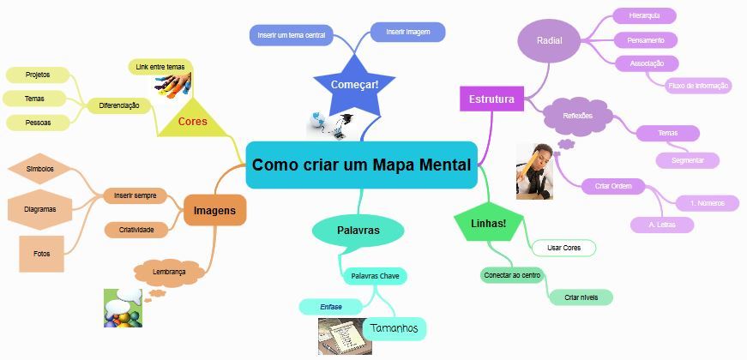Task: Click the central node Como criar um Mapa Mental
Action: click(361, 165)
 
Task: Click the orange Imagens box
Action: click(214, 210)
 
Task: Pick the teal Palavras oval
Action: click(358, 231)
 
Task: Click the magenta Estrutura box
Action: click(491, 99)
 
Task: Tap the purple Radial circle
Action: click(549, 41)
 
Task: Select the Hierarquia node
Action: click(644, 15)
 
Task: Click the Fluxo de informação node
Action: click(698, 85)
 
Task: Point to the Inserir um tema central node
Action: click(292, 35)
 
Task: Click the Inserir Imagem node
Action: click(407, 32)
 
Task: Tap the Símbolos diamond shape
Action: click(40, 169)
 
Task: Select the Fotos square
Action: click(41, 254)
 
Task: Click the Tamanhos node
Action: click(395, 328)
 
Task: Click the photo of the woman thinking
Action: click(534, 171)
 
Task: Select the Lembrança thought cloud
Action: click(169, 271)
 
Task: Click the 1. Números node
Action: click(708, 203)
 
